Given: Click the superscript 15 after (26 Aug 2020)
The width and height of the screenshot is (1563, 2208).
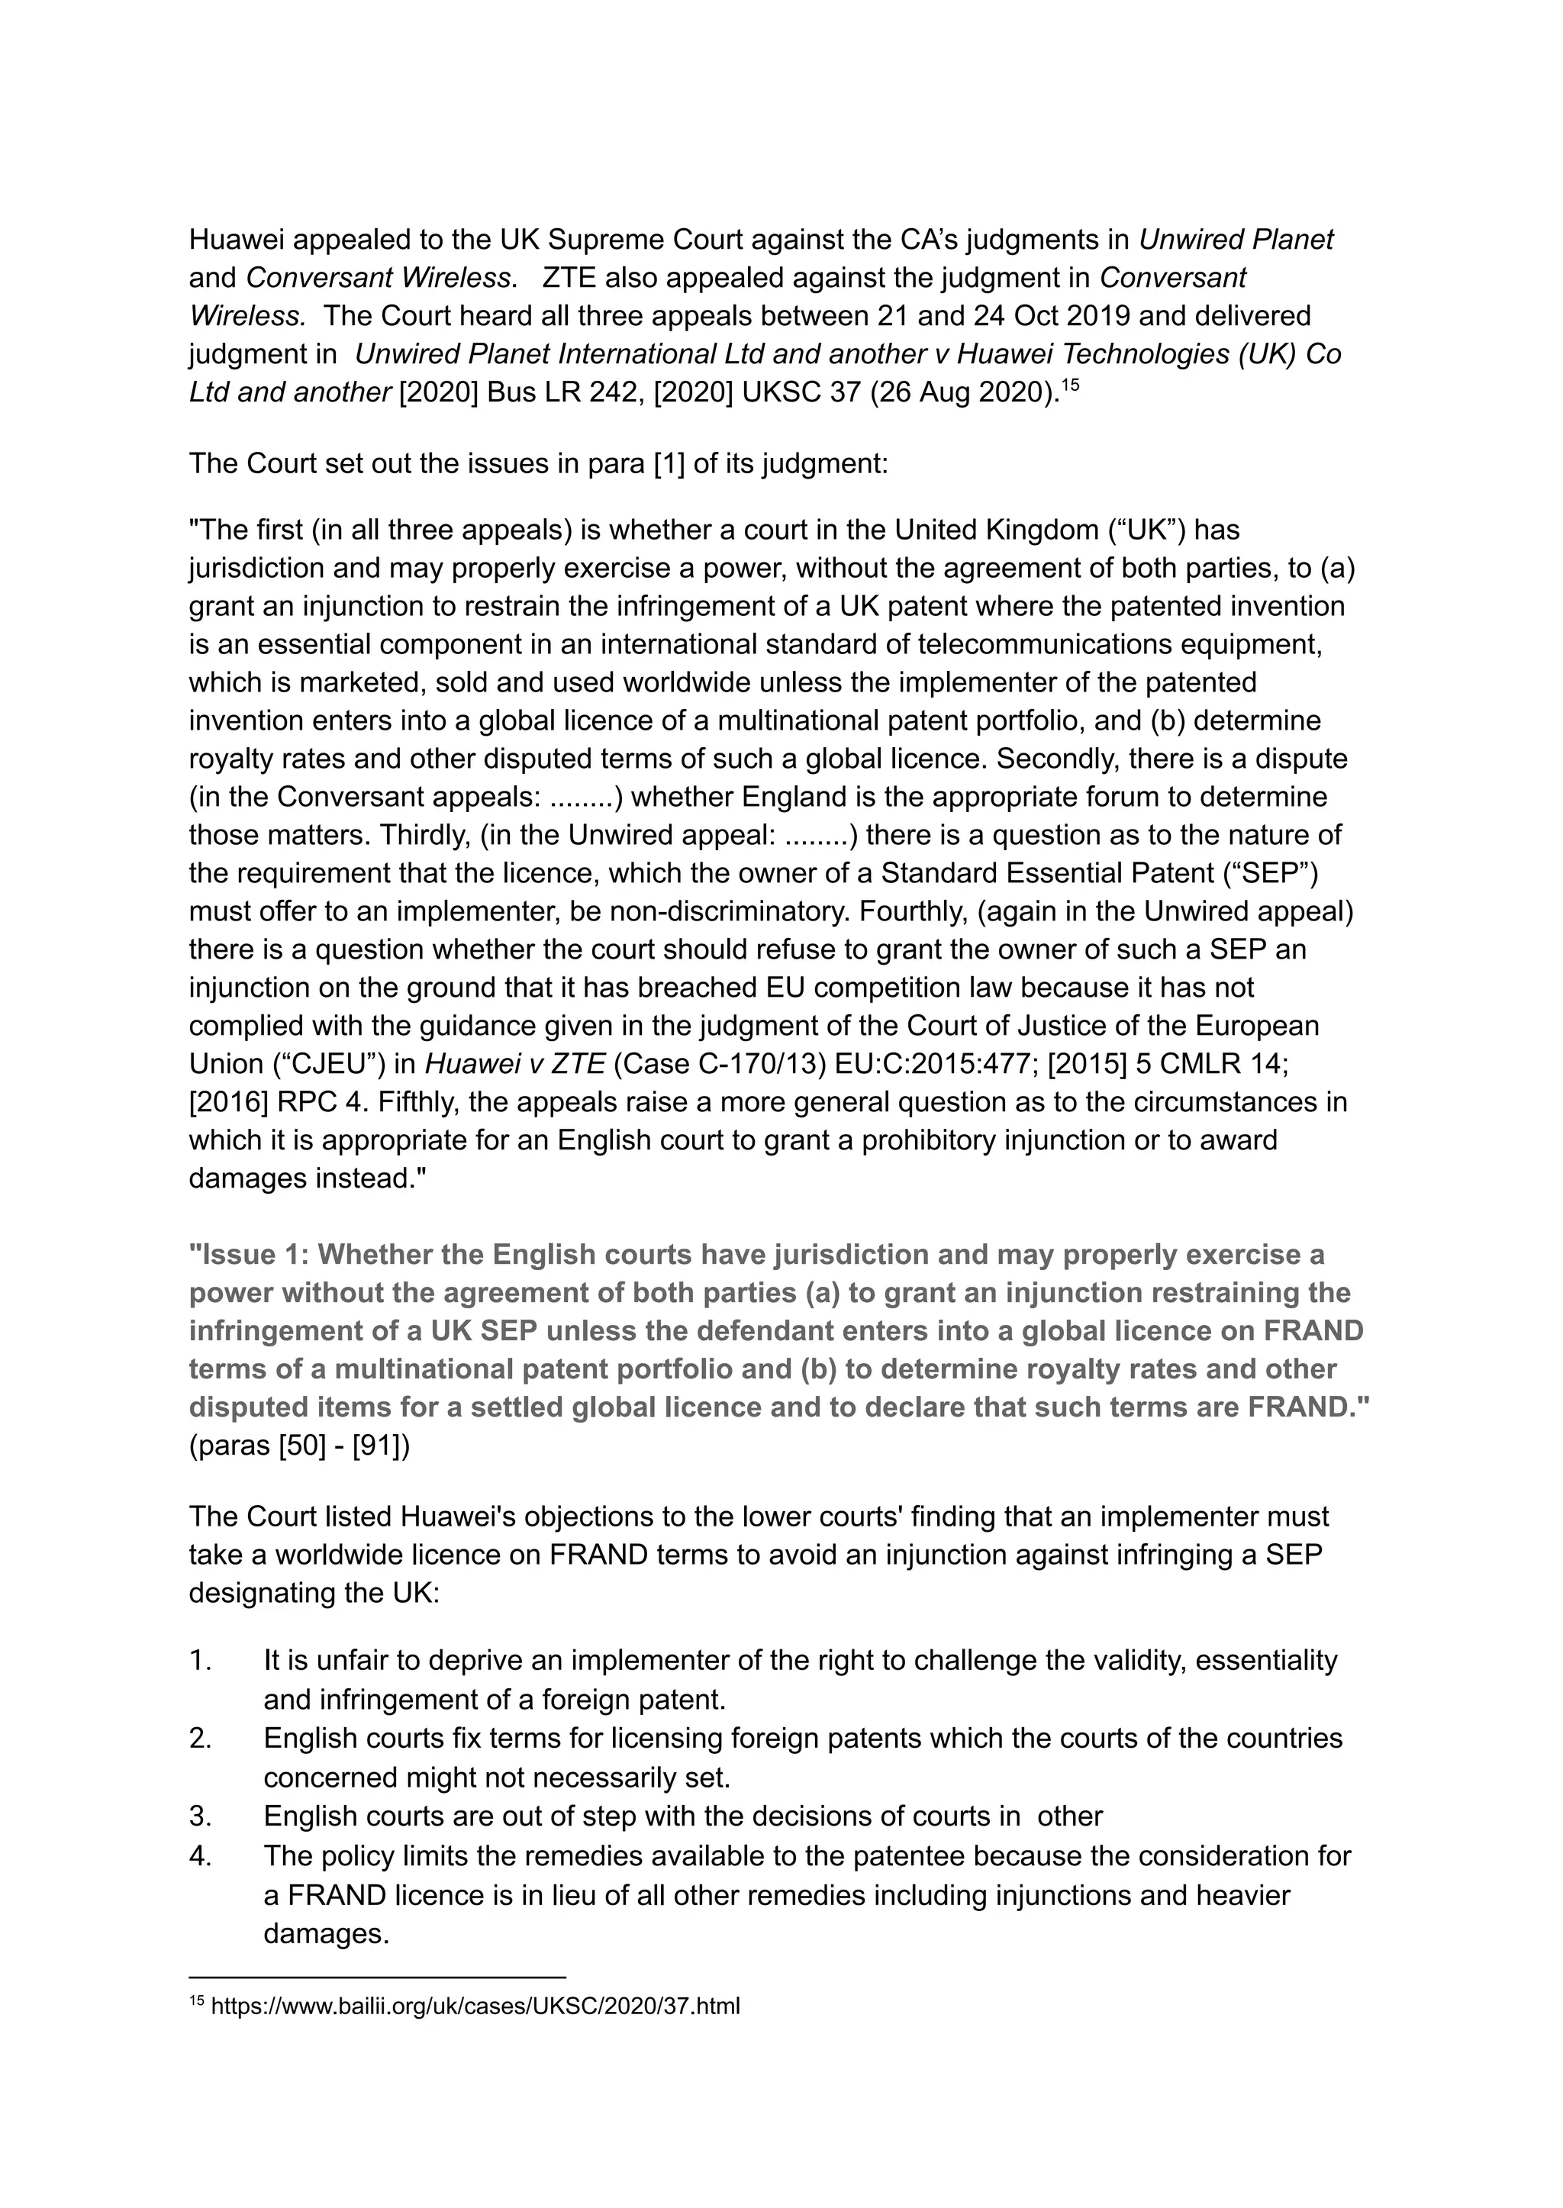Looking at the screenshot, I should coord(1070,384).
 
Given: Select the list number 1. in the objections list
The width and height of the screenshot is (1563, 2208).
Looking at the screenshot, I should coord(200,1660).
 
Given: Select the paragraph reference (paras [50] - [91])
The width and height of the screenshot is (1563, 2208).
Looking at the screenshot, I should coord(299,1446).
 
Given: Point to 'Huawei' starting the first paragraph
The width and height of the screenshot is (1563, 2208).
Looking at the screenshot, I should coord(235,240).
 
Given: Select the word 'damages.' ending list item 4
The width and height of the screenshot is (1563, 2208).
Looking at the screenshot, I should coord(327,1934).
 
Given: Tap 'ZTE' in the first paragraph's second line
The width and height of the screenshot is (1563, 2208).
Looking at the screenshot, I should coord(569,278).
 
